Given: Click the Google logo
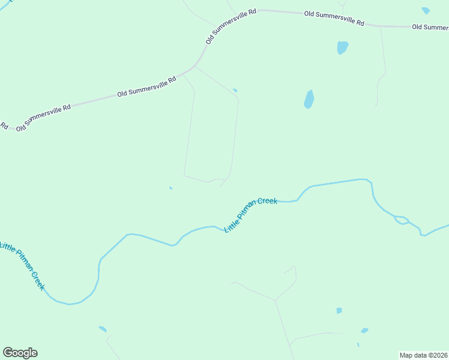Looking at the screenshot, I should click(x=20, y=353).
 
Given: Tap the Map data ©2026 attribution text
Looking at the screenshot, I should click(x=424, y=355).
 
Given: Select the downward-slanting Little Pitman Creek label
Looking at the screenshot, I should click(x=22, y=266).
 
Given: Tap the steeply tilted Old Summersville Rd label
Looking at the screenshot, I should click(x=231, y=26).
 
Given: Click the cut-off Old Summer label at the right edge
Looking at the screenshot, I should click(x=430, y=27).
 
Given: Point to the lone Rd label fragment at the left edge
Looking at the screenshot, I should click(x=4, y=126).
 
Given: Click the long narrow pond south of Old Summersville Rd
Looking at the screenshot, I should click(x=309, y=99).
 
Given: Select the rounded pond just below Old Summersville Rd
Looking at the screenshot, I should click(x=342, y=47).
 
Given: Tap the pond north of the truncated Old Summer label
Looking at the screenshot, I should click(x=426, y=11).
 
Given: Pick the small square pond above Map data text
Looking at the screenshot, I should click(x=339, y=311).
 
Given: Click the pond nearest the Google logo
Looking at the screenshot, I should click(x=103, y=329).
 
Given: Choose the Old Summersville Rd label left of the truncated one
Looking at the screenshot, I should click(x=334, y=18).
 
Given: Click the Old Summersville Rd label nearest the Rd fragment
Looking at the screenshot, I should click(x=43, y=117).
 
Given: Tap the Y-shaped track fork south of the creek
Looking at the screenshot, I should click(x=276, y=301).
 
